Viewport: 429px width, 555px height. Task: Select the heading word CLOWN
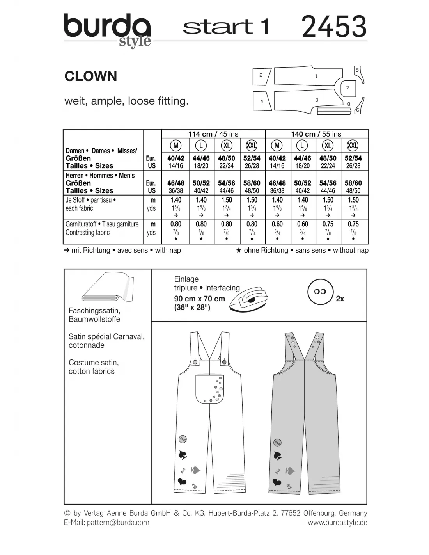[90, 76]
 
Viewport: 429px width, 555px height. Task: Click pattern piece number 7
[347, 88]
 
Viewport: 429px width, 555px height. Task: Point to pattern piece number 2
[261, 76]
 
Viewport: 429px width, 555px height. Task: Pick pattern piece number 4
[262, 101]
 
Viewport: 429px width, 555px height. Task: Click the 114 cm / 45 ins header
[213, 134]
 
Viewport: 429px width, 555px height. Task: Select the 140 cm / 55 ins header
[316, 134]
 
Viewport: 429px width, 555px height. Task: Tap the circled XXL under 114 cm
[252, 146]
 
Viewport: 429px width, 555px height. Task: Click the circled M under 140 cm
[277, 146]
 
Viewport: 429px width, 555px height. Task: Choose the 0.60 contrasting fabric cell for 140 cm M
[277, 224]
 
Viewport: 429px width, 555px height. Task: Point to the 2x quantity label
[340, 299]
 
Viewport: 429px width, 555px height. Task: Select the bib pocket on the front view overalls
[209, 389]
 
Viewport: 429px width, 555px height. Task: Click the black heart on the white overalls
[182, 481]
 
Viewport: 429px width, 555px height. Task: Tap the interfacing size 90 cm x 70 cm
[199, 299]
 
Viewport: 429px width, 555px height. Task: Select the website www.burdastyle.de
[337, 522]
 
